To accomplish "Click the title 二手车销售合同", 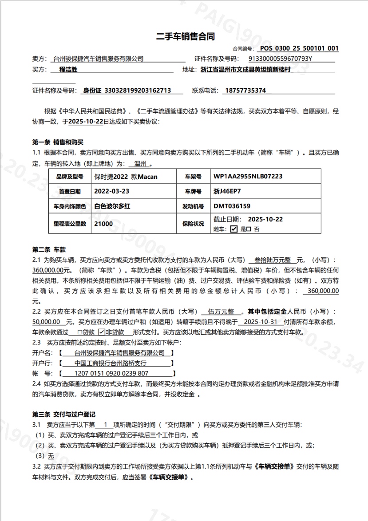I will (x=186, y=36).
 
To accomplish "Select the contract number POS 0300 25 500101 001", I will (x=299, y=48).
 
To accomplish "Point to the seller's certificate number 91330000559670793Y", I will (x=280, y=59).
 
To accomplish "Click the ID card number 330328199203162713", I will (x=137, y=91).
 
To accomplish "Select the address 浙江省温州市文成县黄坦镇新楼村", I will (x=245, y=70).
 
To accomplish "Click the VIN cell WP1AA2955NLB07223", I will (x=248, y=177).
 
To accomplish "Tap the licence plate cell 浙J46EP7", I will (x=227, y=192).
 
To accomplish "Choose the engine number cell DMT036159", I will (x=232, y=206).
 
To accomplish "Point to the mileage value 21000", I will (x=103, y=224).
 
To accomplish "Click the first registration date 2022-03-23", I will (x=112, y=192).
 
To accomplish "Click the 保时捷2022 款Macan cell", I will (x=126, y=177).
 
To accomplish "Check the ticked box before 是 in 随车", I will (x=234, y=229).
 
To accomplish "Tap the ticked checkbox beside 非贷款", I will (x=101, y=332).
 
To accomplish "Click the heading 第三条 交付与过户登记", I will (x=63, y=414).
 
